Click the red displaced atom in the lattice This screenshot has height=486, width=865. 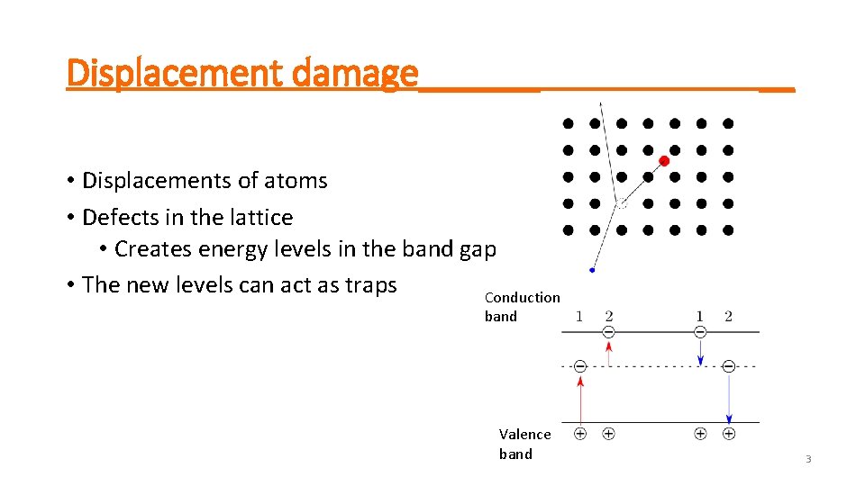(x=664, y=161)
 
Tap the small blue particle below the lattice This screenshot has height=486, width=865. (x=592, y=269)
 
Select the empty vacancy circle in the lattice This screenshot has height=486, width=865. (x=621, y=204)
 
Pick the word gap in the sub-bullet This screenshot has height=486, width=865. (x=478, y=249)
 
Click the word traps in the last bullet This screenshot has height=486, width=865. (x=369, y=285)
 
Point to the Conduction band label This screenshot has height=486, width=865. (x=522, y=306)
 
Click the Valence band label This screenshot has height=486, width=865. (x=524, y=444)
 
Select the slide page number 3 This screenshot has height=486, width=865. (x=807, y=460)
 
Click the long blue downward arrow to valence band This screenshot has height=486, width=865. (x=729, y=396)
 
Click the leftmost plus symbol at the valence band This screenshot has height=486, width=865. (x=580, y=434)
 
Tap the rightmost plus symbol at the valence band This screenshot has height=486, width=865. (x=729, y=434)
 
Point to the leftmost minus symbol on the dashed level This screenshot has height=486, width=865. (x=580, y=366)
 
